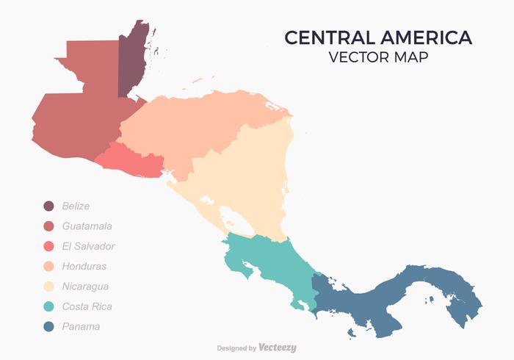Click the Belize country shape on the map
131,62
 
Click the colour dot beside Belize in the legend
48,206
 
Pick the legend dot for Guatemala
48,226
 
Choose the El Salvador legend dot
48,246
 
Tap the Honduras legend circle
48,266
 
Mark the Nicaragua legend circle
48,287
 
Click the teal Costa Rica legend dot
48,306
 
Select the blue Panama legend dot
48,326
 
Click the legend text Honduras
84,266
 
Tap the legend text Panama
81,326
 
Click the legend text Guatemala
87,226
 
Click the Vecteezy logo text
278,348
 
